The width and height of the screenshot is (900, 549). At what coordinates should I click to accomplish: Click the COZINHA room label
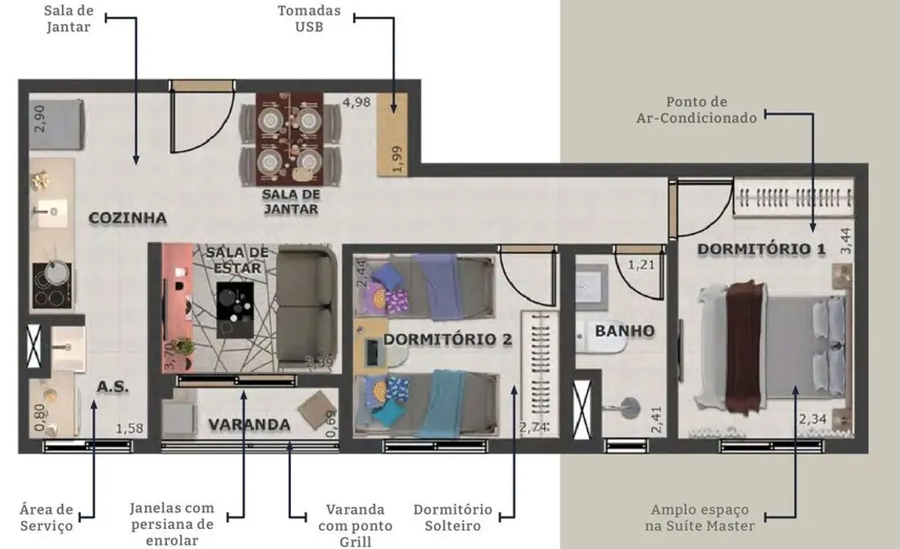coord(127,218)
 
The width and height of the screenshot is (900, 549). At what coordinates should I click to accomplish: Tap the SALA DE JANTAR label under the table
coord(290,201)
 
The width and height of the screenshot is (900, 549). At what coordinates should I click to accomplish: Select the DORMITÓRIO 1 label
coord(760,250)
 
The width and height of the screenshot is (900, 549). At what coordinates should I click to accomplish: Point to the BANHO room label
coord(624,330)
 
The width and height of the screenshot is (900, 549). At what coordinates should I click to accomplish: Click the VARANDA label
coord(250,424)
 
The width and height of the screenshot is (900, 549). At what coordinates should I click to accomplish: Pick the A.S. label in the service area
coord(111,387)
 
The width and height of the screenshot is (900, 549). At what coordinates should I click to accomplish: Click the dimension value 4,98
coord(356,103)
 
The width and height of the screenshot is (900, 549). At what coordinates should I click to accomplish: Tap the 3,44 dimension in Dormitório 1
coord(846,240)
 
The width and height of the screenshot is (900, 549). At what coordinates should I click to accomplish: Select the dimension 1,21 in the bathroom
coord(640,265)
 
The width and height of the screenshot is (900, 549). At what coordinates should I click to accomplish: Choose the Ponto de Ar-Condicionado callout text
coord(696,110)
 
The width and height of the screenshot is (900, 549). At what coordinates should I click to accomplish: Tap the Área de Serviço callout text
coord(46,517)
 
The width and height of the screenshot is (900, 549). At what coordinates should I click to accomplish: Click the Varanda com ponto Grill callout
coord(355,525)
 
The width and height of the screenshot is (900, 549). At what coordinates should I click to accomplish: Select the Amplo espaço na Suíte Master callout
coord(702,518)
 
